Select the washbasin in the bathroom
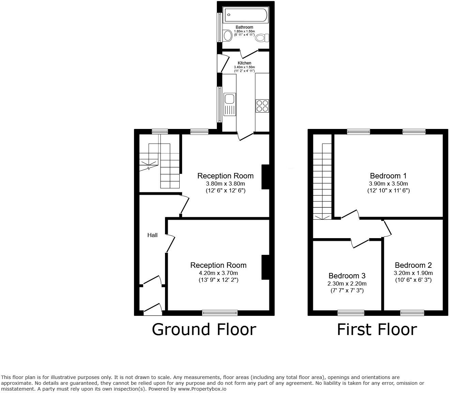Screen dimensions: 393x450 click(227, 35)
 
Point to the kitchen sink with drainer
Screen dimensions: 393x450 click(229, 104)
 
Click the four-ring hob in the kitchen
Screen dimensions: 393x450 click(262, 105)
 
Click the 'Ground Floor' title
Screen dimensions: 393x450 click(204, 330)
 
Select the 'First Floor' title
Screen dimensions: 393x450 click(377, 330)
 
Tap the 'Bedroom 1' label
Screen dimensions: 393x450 click(388, 176)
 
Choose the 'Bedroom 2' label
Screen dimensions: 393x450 click(413, 265)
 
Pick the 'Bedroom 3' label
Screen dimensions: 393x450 click(347, 276)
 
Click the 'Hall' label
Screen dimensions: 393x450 click(152, 235)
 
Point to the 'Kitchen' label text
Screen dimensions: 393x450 click(244, 63)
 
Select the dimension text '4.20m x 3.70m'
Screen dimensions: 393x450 click(218, 273)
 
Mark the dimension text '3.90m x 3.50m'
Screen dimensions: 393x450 click(388, 184)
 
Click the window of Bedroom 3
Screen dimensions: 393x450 click(351, 312)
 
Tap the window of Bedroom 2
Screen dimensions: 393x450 click(412, 312)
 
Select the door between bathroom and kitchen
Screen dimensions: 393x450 click(249, 54)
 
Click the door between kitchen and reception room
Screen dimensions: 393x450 click(245, 136)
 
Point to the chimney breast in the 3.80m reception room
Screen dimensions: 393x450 click(265, 177)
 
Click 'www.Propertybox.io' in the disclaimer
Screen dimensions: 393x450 click(202, 389)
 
